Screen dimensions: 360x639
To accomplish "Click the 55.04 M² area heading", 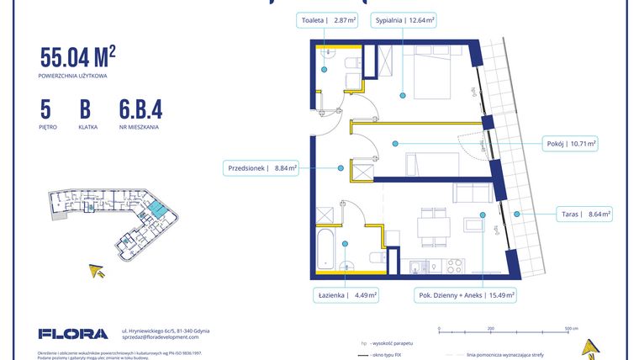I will pos(77,58).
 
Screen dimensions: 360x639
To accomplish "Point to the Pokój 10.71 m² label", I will pos(569,144).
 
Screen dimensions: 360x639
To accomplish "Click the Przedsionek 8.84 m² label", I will pos(261,167).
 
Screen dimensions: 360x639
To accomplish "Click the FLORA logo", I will pos(73,334).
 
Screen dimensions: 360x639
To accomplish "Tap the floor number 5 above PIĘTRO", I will pos(45,109).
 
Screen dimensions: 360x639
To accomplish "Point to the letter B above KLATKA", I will pos(85,109).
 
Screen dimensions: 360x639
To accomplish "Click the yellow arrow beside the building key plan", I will pos(98,270).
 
